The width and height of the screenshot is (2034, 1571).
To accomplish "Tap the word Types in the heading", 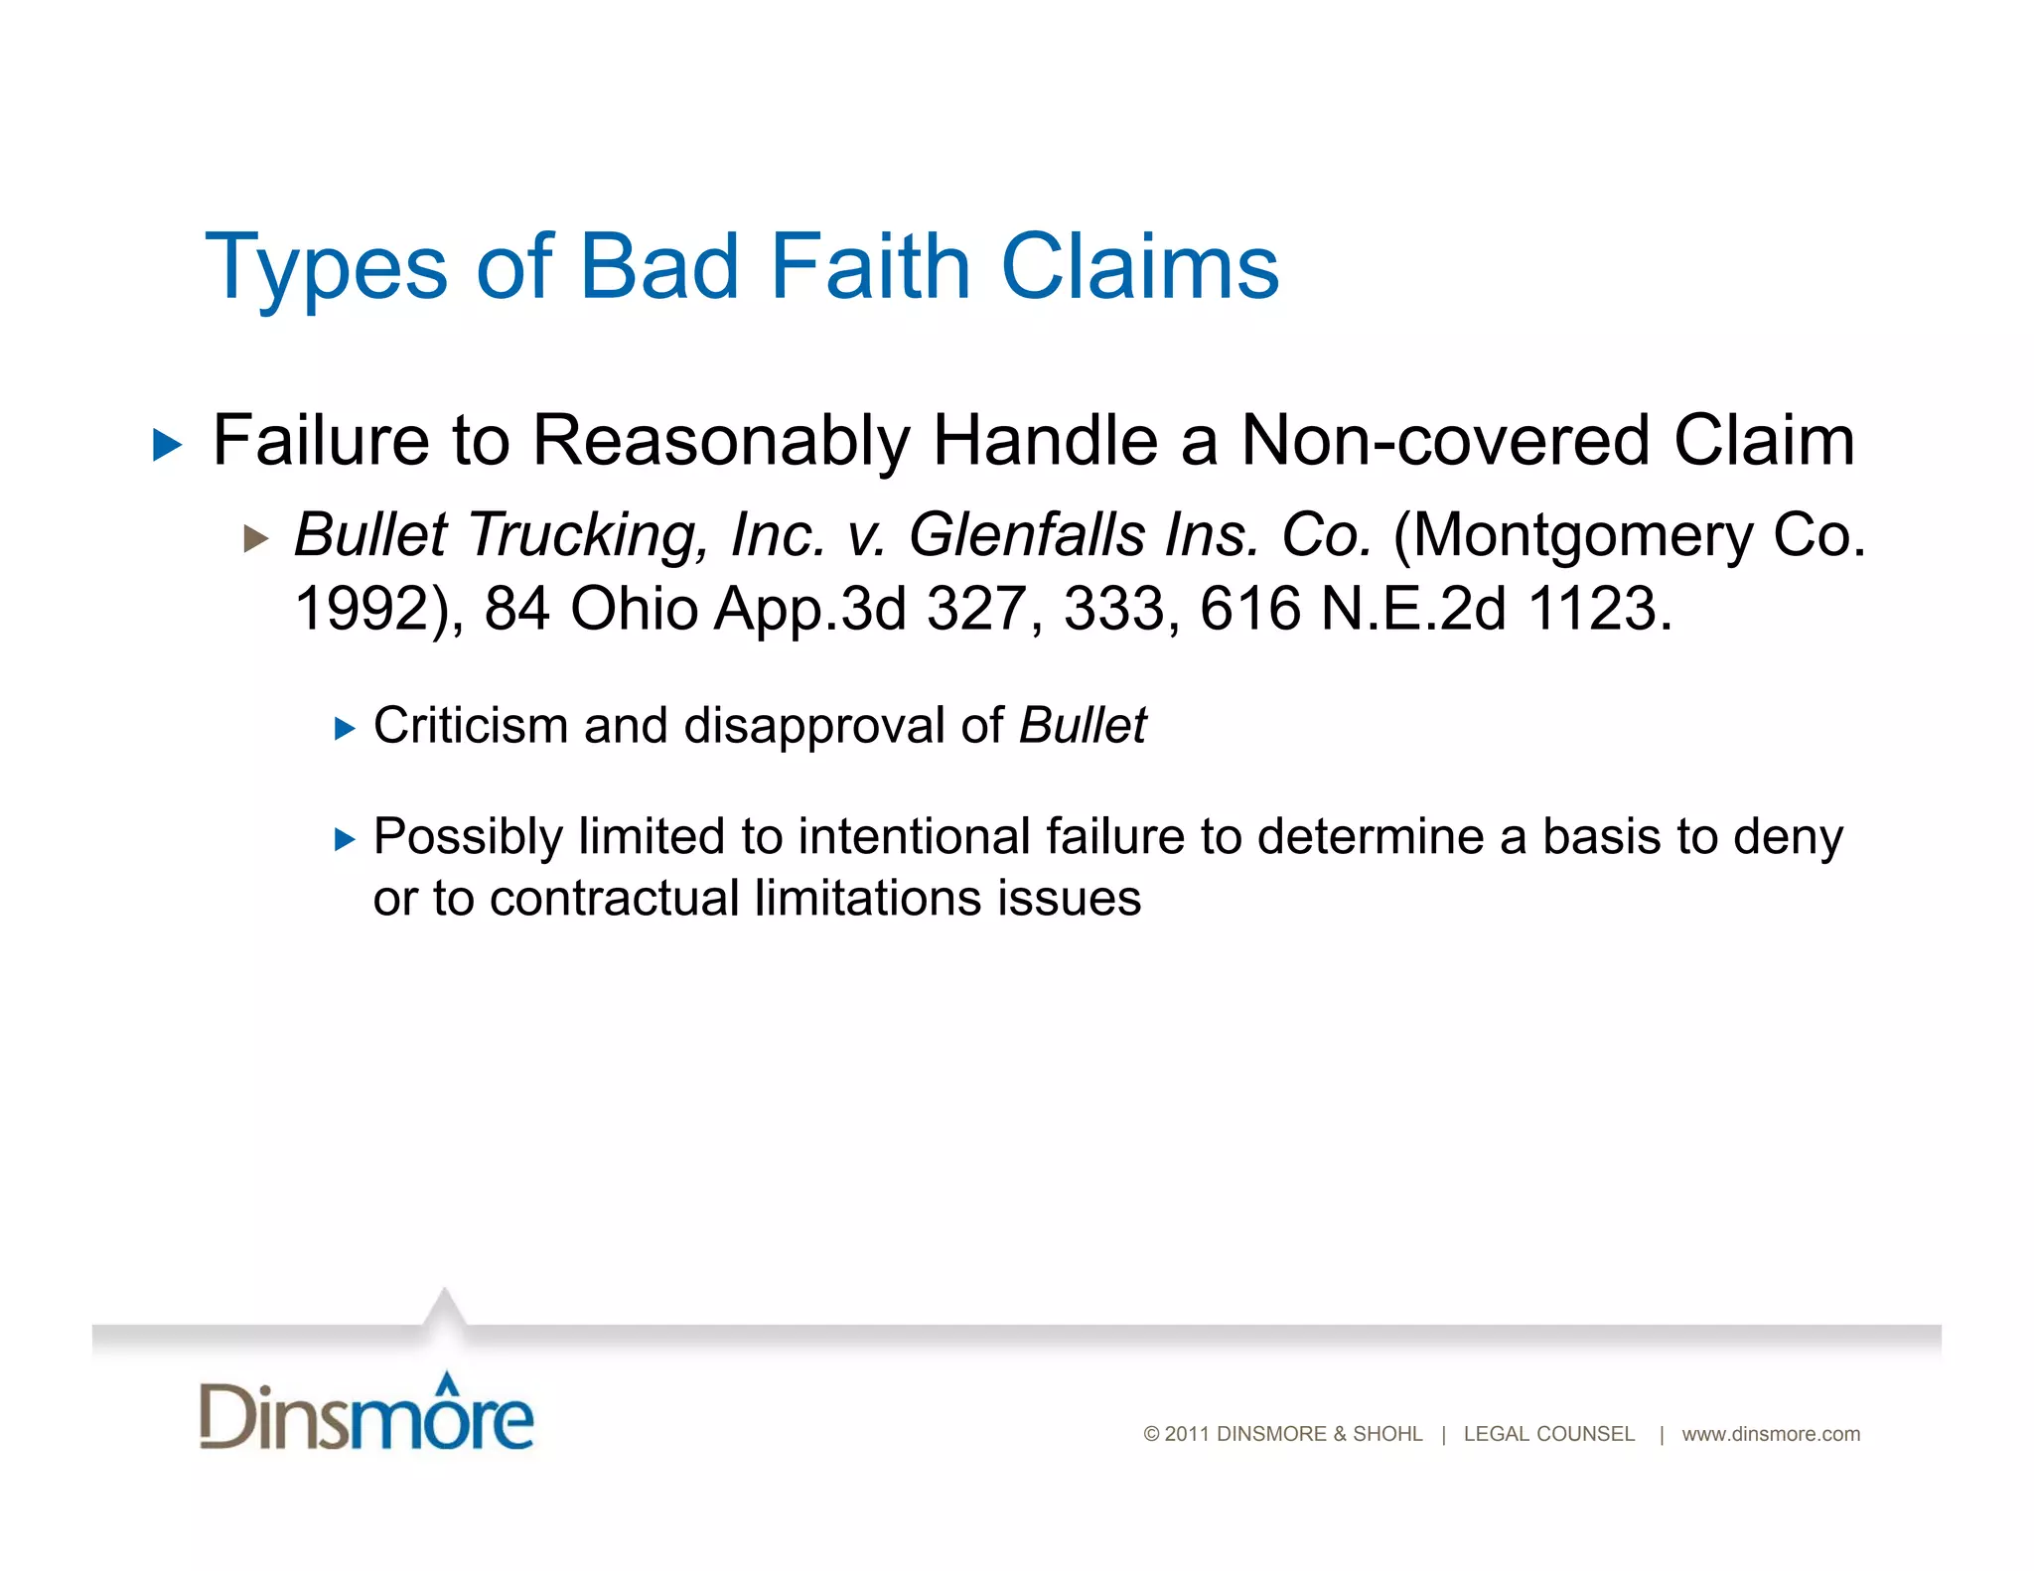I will point(326,268).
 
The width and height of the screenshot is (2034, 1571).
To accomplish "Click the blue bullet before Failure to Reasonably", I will point(168,445).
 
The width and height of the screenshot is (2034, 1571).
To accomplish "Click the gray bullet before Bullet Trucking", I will point(256,539).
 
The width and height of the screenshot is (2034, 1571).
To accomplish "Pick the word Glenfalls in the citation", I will point(1027,535).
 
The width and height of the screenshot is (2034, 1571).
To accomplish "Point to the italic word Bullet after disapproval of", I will point(1083,725).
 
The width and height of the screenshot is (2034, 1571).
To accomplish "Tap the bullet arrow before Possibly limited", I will point(345,840).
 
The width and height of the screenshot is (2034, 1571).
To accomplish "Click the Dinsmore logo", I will point(366,1413).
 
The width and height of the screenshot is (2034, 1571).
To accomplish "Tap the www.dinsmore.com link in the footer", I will point(1771,1434).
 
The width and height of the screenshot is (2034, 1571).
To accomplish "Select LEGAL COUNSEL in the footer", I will point(1548,1434).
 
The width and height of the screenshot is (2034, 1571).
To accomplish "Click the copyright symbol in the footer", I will point(1152,1434).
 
